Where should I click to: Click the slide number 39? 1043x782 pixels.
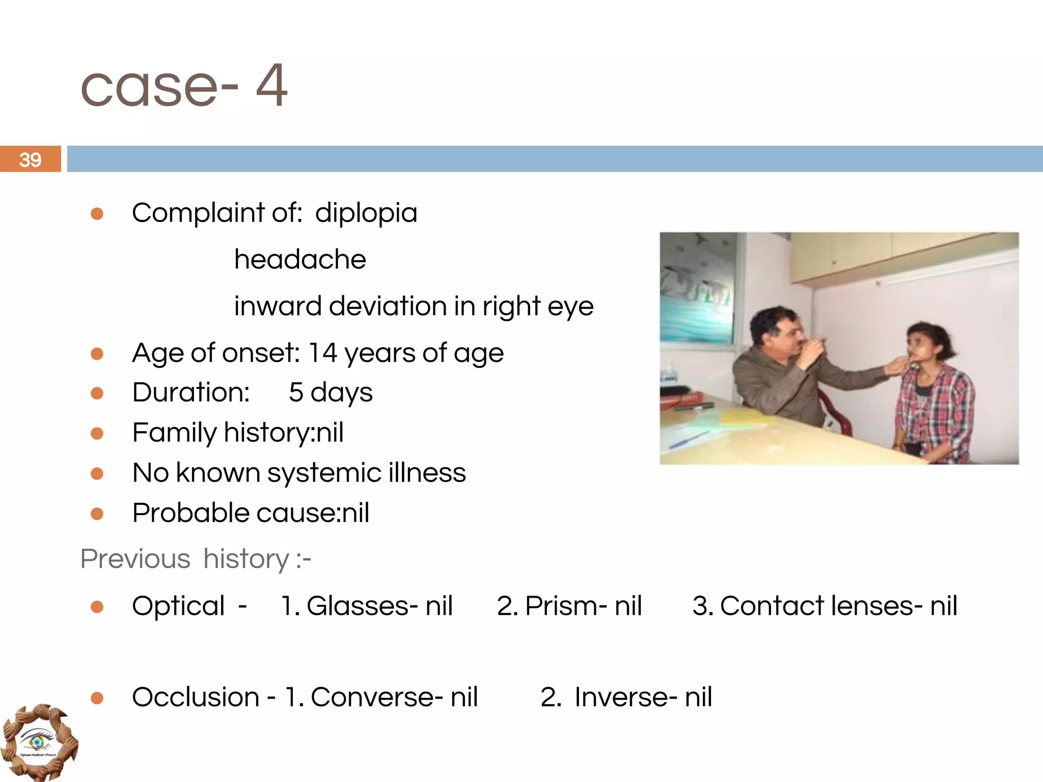click(31, 160)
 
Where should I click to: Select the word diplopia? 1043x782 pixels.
click(366, 213)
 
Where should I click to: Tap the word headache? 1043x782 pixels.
click(300, 260)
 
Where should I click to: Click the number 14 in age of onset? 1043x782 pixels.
click(323, 353)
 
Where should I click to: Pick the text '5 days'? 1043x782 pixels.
click(331, 393)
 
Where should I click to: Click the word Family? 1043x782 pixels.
click(174, 433)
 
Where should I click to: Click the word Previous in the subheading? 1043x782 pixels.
click(135, 559)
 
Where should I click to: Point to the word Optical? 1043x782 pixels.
click(178, 606)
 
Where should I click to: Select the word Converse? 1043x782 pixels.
click(371, 697)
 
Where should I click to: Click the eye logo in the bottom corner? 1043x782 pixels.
click(39, 742)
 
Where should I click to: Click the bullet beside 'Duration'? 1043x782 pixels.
click(97, 393)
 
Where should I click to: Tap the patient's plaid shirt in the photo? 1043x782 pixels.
click(937, 402)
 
